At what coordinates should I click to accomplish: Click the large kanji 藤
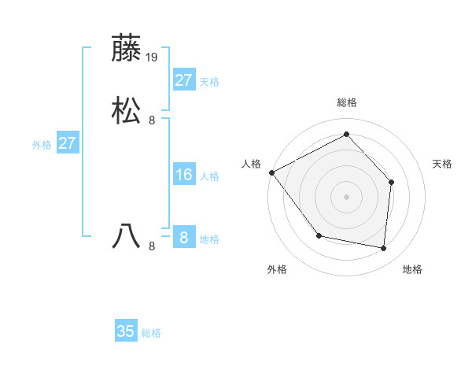click(x=127, y=49)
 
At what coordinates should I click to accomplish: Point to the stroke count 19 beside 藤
click(x=153, y=57)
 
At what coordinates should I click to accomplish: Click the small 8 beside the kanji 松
click(x=152, y=120)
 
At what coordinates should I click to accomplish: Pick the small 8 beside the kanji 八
click(x=152, y=246)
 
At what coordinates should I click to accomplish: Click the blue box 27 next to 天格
click(x=183, y=80)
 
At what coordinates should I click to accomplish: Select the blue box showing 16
click(x=183, y=175)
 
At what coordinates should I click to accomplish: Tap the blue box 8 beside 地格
click(x=183, y=238)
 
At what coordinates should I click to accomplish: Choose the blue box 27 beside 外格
click(x=67, y=143)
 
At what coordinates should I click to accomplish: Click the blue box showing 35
click(x=126, y=331)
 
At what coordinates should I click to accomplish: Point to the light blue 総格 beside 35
click(x=151, y=333)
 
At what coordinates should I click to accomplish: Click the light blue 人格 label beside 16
click(x=209, y=176)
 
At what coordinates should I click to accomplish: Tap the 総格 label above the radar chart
click(x=346, y=102)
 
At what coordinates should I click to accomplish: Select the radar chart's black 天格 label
click(x=442, y=164)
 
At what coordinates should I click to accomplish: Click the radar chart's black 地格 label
click(x=412, y=269)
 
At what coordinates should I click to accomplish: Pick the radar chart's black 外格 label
click(x=277, y=269)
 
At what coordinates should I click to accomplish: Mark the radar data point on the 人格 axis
click(x=271, y=172)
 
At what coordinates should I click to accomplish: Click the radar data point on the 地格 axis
click(x=383, y=248)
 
